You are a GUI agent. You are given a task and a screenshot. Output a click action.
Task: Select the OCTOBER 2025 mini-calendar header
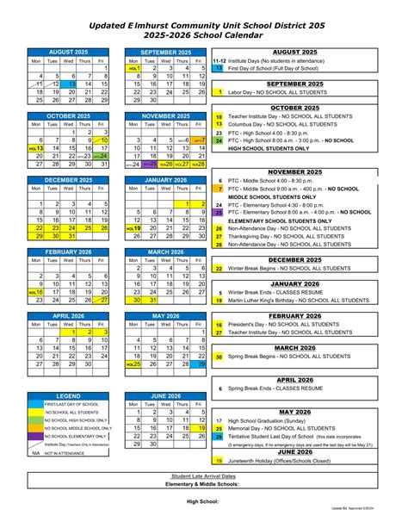71,115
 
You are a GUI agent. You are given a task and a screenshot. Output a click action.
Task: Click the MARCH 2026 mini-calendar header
165,252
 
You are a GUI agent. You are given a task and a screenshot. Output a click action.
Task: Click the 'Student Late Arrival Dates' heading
204,475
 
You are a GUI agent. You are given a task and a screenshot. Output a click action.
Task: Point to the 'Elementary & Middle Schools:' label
204,483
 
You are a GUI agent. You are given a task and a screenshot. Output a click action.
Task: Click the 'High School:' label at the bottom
204,500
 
